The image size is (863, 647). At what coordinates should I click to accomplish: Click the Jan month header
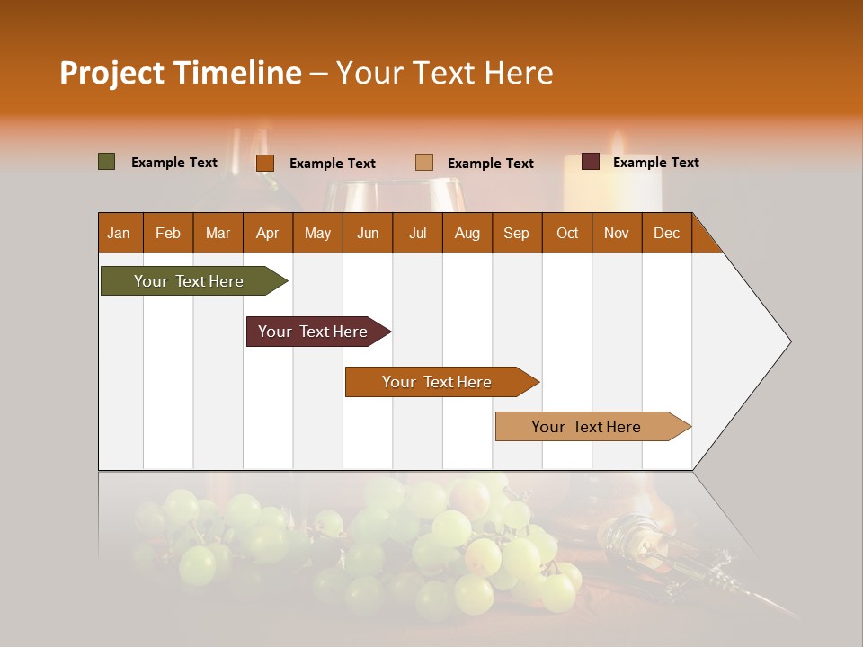click(120, 233)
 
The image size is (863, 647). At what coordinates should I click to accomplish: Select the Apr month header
click(268, 233)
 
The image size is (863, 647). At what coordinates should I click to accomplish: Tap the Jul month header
click(417, 233)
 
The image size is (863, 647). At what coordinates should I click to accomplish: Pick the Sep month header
click(516, 233)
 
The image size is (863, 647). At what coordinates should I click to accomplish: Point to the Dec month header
click(666, 233)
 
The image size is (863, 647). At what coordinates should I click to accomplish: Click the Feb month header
click(168, 233)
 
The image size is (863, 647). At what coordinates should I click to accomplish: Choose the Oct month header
click(567, 233)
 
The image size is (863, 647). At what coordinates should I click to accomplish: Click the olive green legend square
click(107, 162)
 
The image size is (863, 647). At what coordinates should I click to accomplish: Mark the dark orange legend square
click(265, 163)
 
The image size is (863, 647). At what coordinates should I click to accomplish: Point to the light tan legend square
click(424, 162)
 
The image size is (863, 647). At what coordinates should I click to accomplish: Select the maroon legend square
click(591, 162)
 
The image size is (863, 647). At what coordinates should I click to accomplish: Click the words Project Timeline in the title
click(181, 73)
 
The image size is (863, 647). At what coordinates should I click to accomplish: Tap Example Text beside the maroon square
click(655, 163)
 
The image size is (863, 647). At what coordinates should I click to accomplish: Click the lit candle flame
click(618, 142)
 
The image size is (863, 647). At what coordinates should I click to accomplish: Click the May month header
click(317, 233)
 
